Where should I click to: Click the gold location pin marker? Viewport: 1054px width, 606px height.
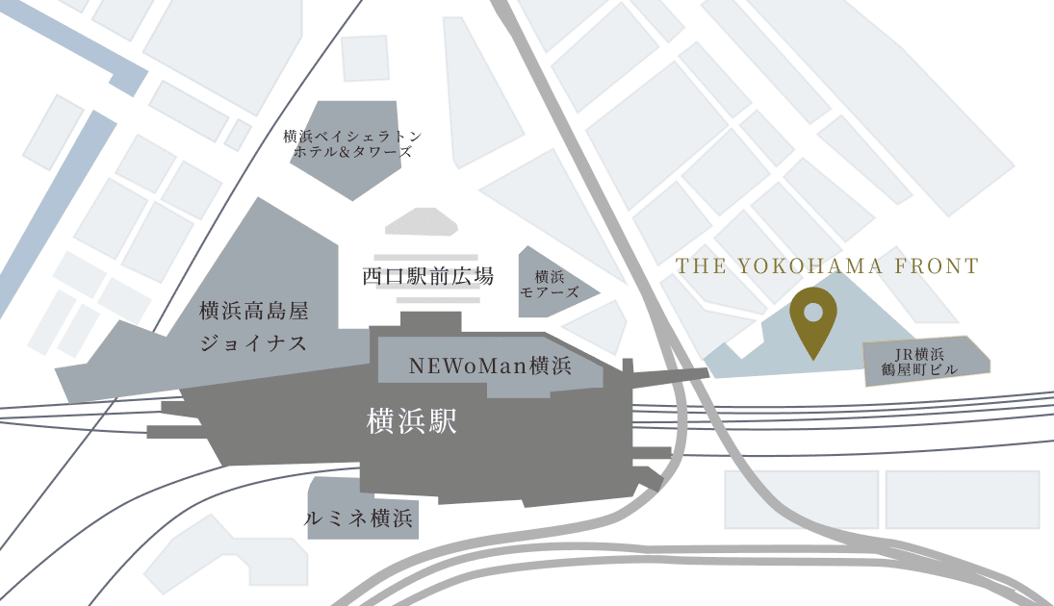(812, 321)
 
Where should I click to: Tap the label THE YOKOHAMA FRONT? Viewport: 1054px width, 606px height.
(827, 266)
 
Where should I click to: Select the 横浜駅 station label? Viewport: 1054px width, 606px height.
(411, 421)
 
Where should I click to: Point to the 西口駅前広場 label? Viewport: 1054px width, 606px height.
(428, 277)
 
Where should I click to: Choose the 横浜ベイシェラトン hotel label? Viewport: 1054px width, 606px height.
(353, 137)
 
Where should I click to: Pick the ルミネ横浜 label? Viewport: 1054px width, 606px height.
(358, 519)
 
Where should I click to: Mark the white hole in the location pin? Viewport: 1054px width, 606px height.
(812, 312)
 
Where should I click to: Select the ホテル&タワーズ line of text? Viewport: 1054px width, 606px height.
(353, 152)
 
